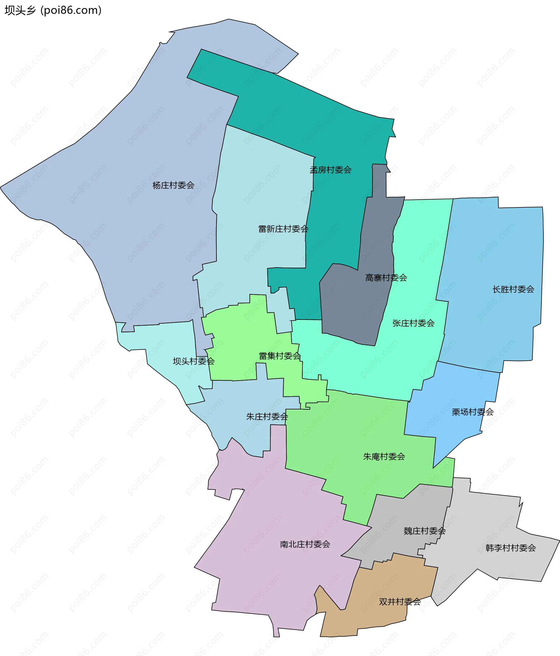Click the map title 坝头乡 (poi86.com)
point(53,11)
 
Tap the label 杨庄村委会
point(173,185)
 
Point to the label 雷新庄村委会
point(283,229)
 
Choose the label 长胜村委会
point(513,289)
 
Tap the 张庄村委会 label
point(413,323)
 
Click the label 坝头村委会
point(194,361)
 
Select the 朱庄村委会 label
point(267,417)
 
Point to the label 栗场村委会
point(473,412)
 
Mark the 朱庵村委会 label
point(384,456)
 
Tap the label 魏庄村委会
point(424,531)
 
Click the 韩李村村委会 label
point(510,548)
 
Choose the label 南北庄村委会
point(305,544)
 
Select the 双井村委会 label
point(400,601)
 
